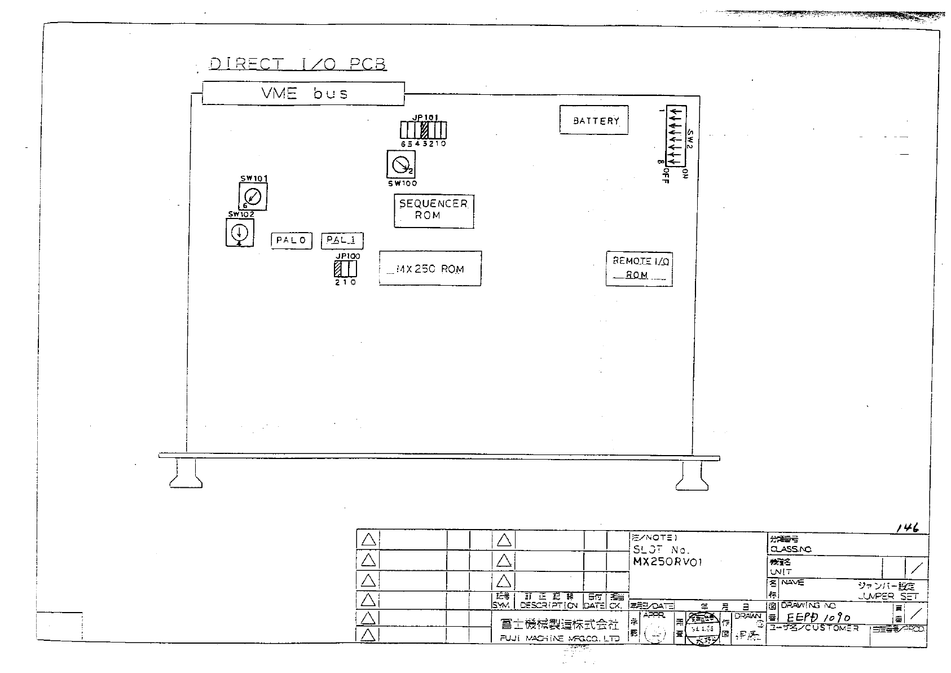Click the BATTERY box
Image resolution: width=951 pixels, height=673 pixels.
593,120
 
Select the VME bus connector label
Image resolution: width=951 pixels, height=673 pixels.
303,93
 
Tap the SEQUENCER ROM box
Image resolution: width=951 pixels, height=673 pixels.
433,210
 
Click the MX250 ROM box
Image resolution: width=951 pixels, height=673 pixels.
430,269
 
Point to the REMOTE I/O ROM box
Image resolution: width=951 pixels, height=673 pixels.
639,268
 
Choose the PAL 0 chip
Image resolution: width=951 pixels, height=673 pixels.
291,241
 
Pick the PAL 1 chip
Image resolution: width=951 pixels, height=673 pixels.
342,241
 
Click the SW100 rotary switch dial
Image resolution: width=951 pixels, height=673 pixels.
400,165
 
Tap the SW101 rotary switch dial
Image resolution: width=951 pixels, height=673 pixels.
253,197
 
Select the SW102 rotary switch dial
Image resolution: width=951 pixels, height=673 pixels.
240,232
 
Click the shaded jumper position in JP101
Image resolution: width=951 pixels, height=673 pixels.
425,130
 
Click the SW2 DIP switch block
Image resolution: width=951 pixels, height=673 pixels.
674,136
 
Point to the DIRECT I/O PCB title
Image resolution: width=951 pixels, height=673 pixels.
297,64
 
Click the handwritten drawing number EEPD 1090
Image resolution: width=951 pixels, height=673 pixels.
818,618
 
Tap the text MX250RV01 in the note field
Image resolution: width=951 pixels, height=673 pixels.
668,562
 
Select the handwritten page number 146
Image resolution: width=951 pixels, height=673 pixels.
908,528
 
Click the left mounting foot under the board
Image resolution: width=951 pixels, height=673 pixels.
186,474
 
